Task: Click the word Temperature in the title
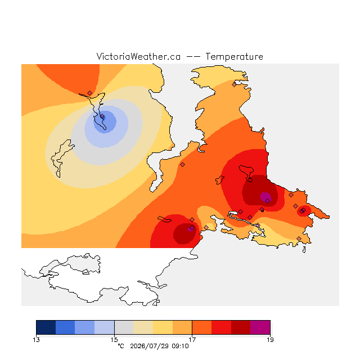(x=234, y=56)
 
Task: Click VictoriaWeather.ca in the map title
(x=138, y=56)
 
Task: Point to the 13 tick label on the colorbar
(x=36, y=340)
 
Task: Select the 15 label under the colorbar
(x=114, y=340)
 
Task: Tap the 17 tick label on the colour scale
(x=192, y=340)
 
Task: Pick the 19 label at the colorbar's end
(x=270, y=340)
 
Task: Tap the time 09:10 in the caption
(x=180, y=346)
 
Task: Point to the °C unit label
(x=121, y=346)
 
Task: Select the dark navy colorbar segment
(x=46, y=327)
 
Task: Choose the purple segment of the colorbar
(x=260, y=327)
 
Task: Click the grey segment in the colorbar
(x=124, y=327)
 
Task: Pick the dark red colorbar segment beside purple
(x=241, y=327)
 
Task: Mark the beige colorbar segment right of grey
(x=143, y=327)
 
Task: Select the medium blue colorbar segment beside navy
(x=65, y=327)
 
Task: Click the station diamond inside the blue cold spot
(x=102, y=116)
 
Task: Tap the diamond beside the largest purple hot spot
(x=268, y=201)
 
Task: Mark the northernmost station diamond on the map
(x=234, y=85)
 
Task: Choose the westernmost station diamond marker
(x=90, y=93)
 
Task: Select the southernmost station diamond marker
(x=299, y=238)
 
